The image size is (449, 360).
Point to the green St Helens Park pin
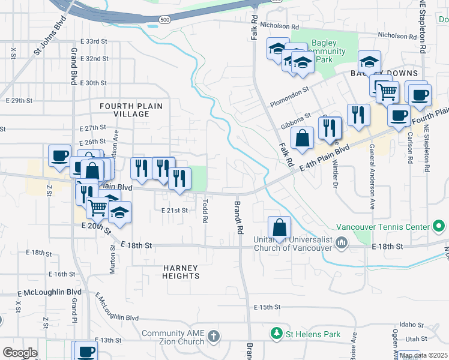pyautogui.click(x=276, y=333)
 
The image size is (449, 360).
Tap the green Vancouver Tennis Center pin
pyautogui.click(x=439, y=227)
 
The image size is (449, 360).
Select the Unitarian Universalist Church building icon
pyautogui.click(x=342, y=242)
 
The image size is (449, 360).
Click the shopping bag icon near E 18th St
pyautogui.click(x=280, y=227)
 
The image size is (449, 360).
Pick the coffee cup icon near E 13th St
pyautogui.click(x=85, y=351)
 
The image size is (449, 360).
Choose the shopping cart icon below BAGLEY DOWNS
pyautogui.click(x=388, y=92)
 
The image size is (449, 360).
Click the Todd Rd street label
pyautogui.click(x=205, y=212)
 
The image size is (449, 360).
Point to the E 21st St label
pyautogui.click(x=175, y=210)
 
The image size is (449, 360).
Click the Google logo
pyautogui.click(x=20, y=352)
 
